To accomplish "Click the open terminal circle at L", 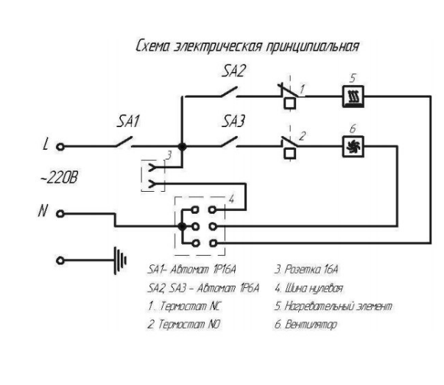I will tap(61, 145).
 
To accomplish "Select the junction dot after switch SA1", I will tap(182, 145).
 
